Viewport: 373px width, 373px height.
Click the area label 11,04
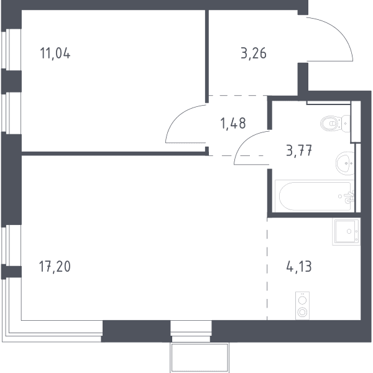click(55, 53)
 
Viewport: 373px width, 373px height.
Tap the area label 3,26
click(254, 53)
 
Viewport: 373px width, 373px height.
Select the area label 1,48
click(233, 123)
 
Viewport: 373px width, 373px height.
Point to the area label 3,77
click(299, 150)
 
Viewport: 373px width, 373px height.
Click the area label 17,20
click(55, 266)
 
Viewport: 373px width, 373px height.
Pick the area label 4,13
click(299, 266)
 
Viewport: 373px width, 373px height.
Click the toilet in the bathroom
click(335, 124)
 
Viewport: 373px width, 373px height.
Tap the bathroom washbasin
click(345, 163)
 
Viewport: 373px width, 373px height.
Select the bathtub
click(315, 196)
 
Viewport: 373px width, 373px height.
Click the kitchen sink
click(346, 232)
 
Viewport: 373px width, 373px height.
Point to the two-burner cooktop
click(302, 306)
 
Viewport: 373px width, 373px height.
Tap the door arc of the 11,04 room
click(177, 117)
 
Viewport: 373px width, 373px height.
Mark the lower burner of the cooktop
click(302, 312)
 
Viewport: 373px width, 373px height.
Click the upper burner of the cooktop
click(302, 300)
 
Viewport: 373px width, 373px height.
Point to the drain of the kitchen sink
click(349, 231)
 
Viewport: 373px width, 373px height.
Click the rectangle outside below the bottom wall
click(200, 357)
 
